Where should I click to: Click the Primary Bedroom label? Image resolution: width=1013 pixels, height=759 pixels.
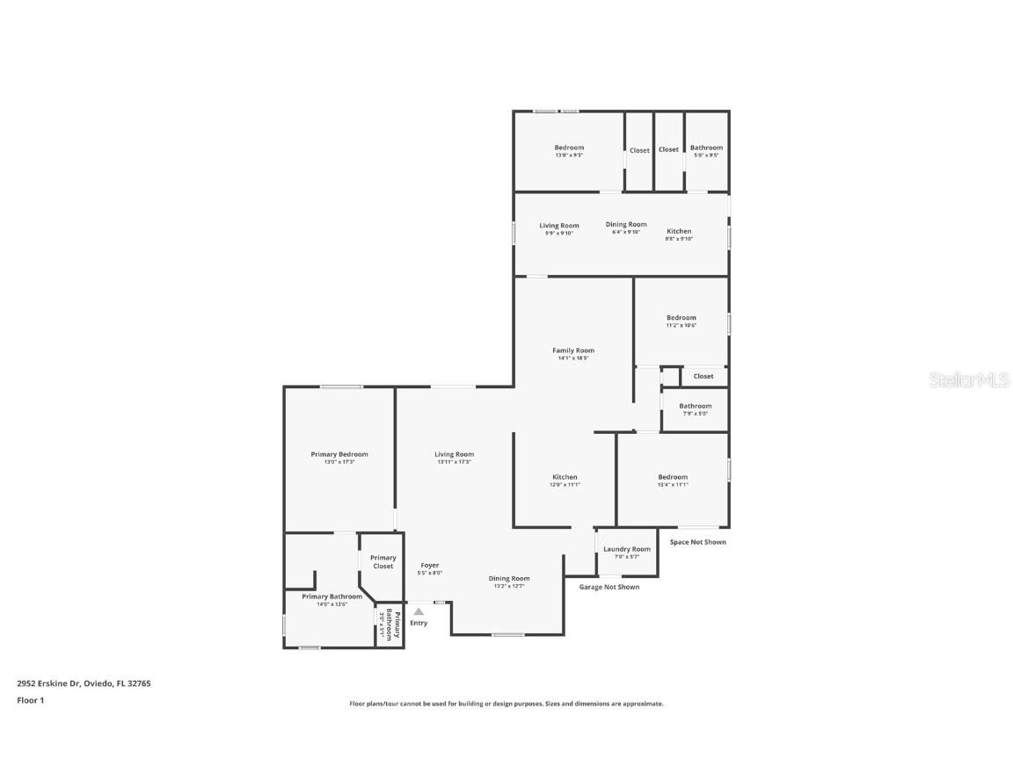[339, 454]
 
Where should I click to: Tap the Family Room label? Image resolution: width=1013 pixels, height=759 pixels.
[573, 351]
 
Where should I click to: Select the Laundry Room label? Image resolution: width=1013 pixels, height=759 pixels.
[627, 549]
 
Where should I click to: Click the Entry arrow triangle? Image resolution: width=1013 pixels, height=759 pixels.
[419, 611]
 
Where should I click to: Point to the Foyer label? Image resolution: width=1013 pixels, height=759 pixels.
[429, 566]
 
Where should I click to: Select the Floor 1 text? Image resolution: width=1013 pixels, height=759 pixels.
[30, 700]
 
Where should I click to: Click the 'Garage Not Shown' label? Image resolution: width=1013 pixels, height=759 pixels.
[609, 587]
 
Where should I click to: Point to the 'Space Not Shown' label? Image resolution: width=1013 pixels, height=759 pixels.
[698, 542]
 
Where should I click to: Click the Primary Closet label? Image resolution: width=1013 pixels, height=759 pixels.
[383, 561]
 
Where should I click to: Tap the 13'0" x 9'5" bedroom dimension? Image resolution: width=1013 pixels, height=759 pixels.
[569, 155]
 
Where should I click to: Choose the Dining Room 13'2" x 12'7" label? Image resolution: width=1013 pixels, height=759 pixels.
[509, 578]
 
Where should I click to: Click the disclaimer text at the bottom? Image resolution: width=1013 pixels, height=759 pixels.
[506, 704]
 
